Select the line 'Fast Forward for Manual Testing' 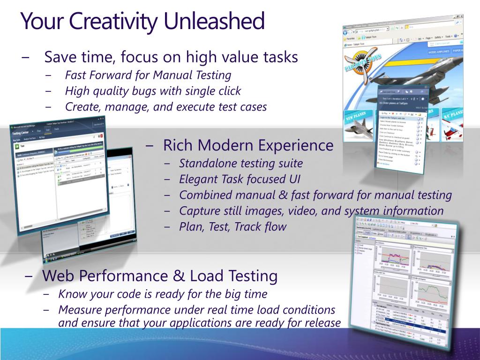click(x=148, y=75)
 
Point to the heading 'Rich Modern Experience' click(x=248, y=145)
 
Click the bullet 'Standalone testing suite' click(x=241, y=164)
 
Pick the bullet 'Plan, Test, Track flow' click(x=232, y=227)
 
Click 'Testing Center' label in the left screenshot click(x=24, y=133)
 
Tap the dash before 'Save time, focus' click(x=25, y=58)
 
